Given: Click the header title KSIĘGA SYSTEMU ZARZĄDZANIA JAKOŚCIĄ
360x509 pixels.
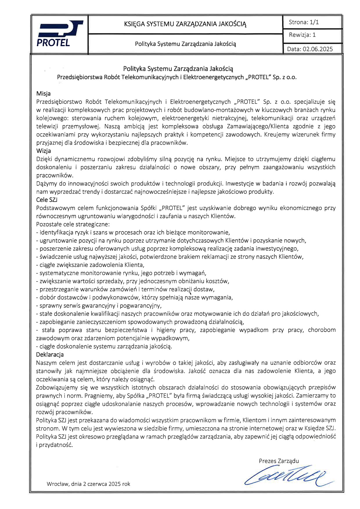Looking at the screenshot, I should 185,24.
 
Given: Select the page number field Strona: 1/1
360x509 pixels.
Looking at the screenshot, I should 304,22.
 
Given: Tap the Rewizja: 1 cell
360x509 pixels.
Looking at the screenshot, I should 302,35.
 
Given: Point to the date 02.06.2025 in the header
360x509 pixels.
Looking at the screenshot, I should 318,49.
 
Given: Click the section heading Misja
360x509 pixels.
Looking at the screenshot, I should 43,93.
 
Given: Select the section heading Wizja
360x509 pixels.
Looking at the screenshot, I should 44,151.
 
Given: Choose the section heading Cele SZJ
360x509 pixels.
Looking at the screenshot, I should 47,200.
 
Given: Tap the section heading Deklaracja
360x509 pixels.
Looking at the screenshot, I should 50,355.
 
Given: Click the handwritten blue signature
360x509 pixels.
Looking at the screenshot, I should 286,476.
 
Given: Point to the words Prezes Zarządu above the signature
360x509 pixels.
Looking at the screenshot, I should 279,461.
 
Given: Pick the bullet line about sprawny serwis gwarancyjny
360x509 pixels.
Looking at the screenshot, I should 99,305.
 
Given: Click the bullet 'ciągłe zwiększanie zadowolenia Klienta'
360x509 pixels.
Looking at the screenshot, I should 90,265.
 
